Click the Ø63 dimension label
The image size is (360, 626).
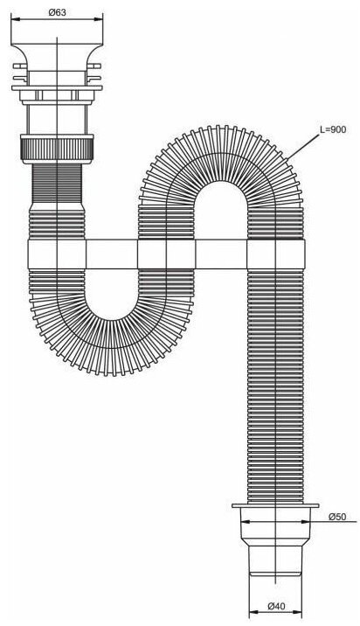(x=57, y=12)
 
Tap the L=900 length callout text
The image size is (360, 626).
(x=333, y=129)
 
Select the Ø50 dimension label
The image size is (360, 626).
(x=337, y=517)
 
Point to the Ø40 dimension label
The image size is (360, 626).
(x=276, y=606)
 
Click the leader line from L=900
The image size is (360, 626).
(x=303, y=147)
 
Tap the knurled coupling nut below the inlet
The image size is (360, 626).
(x=57, y=149)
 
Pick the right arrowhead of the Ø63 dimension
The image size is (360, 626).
(x=99, y=18)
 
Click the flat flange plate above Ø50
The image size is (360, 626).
(x=275, y=505)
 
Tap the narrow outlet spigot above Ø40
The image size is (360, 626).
(x=275, y=560)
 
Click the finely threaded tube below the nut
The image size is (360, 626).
(x=57, y=184)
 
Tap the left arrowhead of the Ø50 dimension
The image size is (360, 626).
(x=245, y=521)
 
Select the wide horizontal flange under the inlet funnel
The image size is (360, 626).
(x=57, y=87)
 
